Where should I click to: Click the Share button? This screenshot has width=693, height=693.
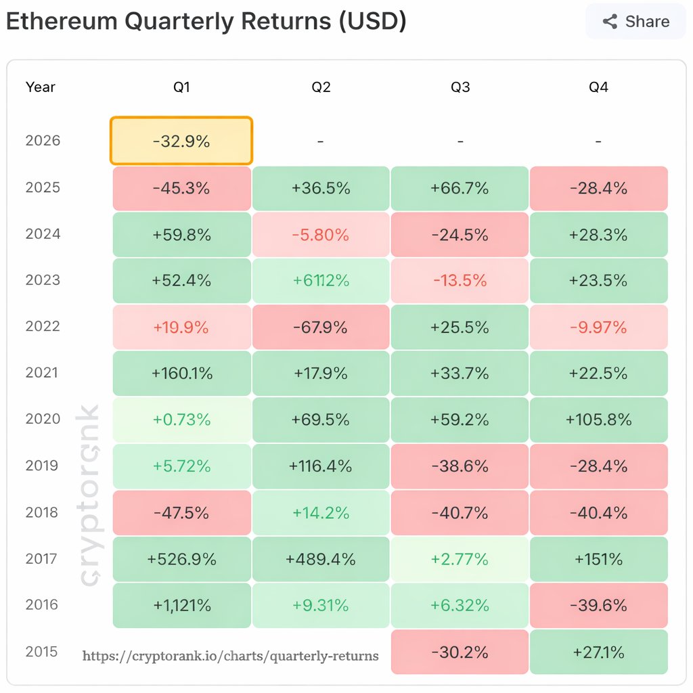tap(636, 22)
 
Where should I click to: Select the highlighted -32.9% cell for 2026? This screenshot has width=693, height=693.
tap(181, 141)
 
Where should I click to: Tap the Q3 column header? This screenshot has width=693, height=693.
tap(460, 87)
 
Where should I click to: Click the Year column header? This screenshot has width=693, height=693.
tap(41, 87)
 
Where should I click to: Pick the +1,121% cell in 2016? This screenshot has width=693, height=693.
tap(181, 606)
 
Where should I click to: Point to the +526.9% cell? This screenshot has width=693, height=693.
tap(181, 560)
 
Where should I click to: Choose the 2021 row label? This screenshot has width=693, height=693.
tap(43, 372)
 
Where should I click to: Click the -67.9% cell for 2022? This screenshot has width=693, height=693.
tap(321, 328)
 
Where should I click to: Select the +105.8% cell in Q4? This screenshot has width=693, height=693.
tap(599, 420)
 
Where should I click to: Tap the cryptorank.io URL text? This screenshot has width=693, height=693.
tap(230, 656)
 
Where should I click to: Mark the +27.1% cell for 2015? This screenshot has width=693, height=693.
tap(599, 652)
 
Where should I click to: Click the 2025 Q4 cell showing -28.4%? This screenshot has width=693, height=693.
tap(599, 188)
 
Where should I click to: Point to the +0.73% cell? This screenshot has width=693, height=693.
tap(181, 420)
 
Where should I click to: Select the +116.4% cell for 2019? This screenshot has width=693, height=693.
tap(321, 466)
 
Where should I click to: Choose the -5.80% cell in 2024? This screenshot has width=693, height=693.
tap(321, 235)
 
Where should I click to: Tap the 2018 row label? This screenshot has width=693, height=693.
tap(43, 512)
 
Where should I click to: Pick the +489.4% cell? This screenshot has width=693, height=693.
tap(321, 560)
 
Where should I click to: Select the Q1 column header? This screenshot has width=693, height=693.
tap(181, 87)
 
